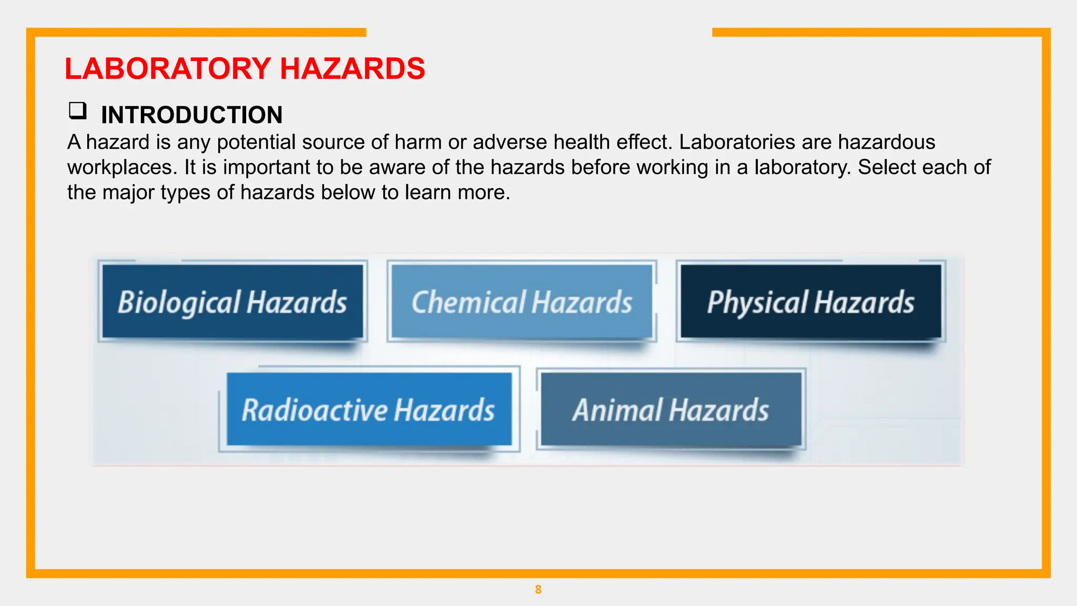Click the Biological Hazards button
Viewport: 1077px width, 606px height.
(x=232, y=301)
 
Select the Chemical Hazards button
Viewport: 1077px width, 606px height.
(x=522, y=301)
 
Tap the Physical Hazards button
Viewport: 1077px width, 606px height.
(x=810, y=301)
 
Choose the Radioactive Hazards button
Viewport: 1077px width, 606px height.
(x=369, y=409)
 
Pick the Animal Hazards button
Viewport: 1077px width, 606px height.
(x=671, y=409)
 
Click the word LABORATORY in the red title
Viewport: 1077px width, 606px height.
(x=168, y=69)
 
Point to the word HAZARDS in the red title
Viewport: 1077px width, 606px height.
(x=352, y=69)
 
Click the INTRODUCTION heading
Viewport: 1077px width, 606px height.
(x=191, y=115)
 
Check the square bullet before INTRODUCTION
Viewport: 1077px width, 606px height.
(x=77, y=111)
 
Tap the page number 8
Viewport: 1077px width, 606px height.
(x=538, y=590)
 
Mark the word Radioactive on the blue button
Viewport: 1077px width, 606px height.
(x=314, y=409)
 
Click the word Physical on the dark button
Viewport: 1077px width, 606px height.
(x=757, y=301)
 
